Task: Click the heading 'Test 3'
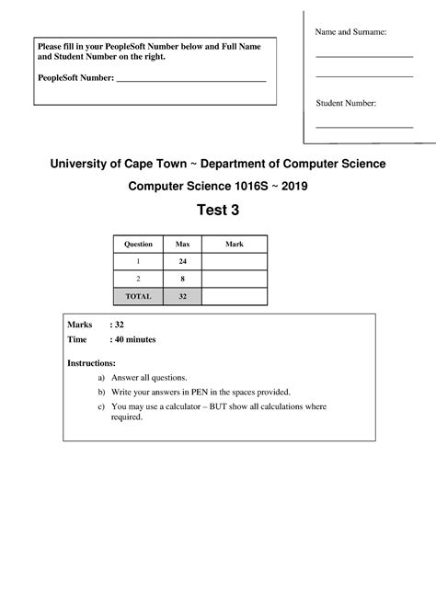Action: (218, 211)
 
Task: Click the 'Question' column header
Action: (138, 245)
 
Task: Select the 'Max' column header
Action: (182, 245)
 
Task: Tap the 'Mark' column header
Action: (235, 245)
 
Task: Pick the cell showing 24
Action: (182, 262)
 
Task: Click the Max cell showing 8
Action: (182, 279)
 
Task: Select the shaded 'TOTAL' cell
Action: (138, 296)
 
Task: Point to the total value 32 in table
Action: (182, 296)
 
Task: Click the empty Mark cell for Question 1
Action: (235, 262)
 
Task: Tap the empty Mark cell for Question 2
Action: (235, 279)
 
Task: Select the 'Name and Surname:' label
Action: (350, 32)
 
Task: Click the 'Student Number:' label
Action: (346, 104)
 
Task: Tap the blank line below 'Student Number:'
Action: (364, 126)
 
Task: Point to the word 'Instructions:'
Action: (91, 363)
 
